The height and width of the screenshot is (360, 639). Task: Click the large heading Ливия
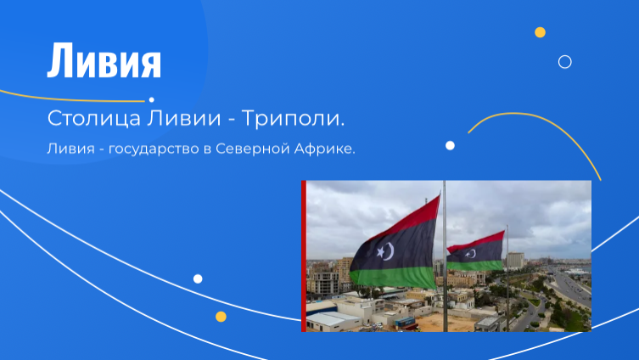click(104, 60)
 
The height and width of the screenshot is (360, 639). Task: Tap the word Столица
click(94, 119)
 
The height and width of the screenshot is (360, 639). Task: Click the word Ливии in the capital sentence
click(184, 118)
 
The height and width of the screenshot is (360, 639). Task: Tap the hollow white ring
click(565, 56)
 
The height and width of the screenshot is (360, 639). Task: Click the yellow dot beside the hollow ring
click(540, 32)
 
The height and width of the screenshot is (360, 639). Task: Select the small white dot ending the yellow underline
click(152, 99)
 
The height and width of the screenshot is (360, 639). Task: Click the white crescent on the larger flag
click(390, 251)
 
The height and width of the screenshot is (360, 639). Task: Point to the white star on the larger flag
click(381, 252)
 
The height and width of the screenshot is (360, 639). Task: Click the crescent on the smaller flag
click(472, 254)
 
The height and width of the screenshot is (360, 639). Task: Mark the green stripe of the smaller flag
click(475, 266)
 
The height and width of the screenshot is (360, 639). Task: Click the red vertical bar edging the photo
click(304, 256)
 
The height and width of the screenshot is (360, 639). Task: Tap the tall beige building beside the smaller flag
click(516, 260)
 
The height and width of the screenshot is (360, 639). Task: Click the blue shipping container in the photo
click(406, 322)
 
